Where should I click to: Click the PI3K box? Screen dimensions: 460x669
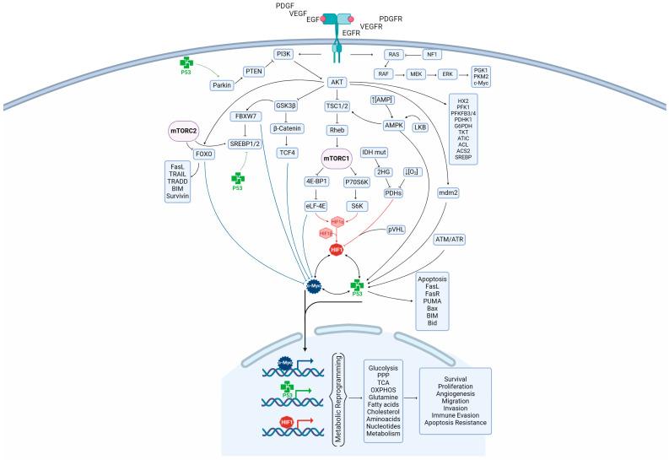click(x=283, y=56)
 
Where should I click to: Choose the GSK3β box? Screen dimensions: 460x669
click(x=289, y=106)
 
